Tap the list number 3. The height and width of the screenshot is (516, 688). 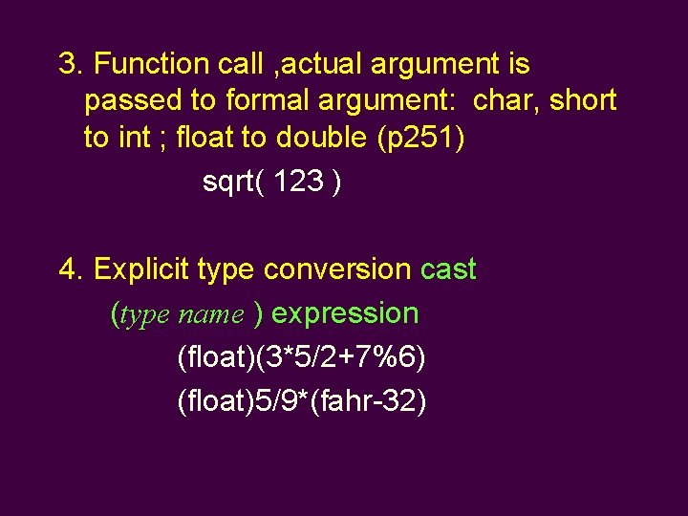[68, 64]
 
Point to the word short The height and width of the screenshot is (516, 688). [584, 100]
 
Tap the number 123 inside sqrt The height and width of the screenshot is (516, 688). [298, 182]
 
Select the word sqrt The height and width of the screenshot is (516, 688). [228, 182]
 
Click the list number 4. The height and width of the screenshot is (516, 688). [68, 269]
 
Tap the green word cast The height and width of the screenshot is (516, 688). [448, 269]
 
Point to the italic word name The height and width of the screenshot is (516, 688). [210, 314]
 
